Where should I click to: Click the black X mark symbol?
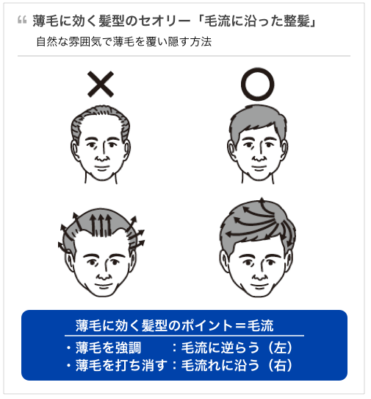[x=101, y=84]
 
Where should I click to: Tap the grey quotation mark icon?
[x=22, y=20]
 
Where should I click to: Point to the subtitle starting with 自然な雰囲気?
[x=124, y=42]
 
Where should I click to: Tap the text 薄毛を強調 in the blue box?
[x=108, y=347]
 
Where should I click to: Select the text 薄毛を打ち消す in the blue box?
[x=121, y=365]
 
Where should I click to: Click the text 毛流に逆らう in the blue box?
[x=220, y=347]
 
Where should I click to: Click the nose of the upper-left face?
[x=101, y=157]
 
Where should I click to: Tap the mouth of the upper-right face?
[x=259, y=168]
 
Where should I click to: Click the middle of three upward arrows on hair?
[x=101, y=225]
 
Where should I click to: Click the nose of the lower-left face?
[x=103, y=275]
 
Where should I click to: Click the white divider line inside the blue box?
[x=184, y=336]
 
